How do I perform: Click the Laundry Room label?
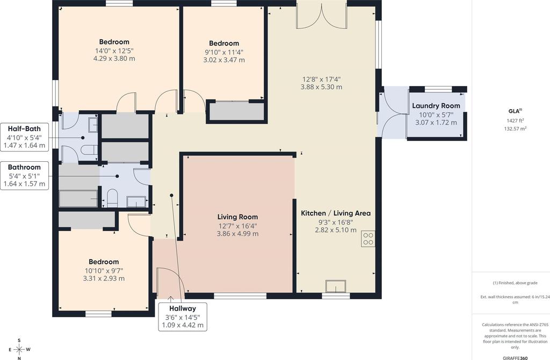pyautogui.click(x=436, y=106)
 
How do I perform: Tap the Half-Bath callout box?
pyautogui.click(x=24, y=137)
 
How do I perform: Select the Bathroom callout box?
pyautogui.click(x=24, y=176)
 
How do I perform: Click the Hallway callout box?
pyautogui.click(x=183, y=316)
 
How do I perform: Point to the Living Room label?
pyautogui.click(x=237, y=217)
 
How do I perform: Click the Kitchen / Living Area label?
pyautogui.click(x=336, y=213)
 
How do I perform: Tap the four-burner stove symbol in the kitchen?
pyautogui.click(x=368, y=239)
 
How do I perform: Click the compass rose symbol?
pyautogui.click(x=19, y=349)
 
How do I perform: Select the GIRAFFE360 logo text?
pyautogui.click(x=515, y=358)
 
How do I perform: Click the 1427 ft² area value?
pyautogui.click(x=515, y=121)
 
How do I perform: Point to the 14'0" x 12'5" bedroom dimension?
pyautogui.click(x=114, y=51)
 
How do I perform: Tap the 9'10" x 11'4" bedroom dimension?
pyautogui.click(x=224, y=52)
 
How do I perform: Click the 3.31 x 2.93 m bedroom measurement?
pyautogui.click(x=104, y=278)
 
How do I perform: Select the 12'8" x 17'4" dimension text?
pyautogui.click(x=321, y=80)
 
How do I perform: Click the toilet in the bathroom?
pyautogui.click(x=112, y=198)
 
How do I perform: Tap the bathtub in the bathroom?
pyautogui.click(x=78, y=199)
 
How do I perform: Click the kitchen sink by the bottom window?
pyautogui.click(x=336, y=286)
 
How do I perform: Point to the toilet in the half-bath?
pyautogui.click(x=89, y=150)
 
